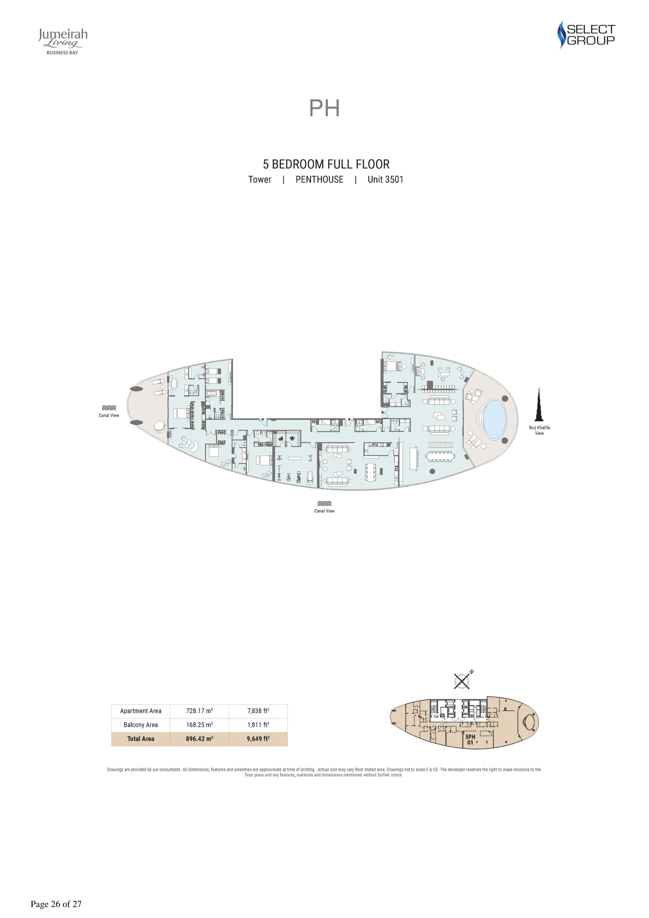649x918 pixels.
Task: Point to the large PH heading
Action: pos(324,108)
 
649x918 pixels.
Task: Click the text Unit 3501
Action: pos(385,180)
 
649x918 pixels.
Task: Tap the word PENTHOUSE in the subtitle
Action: pos(319,180)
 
